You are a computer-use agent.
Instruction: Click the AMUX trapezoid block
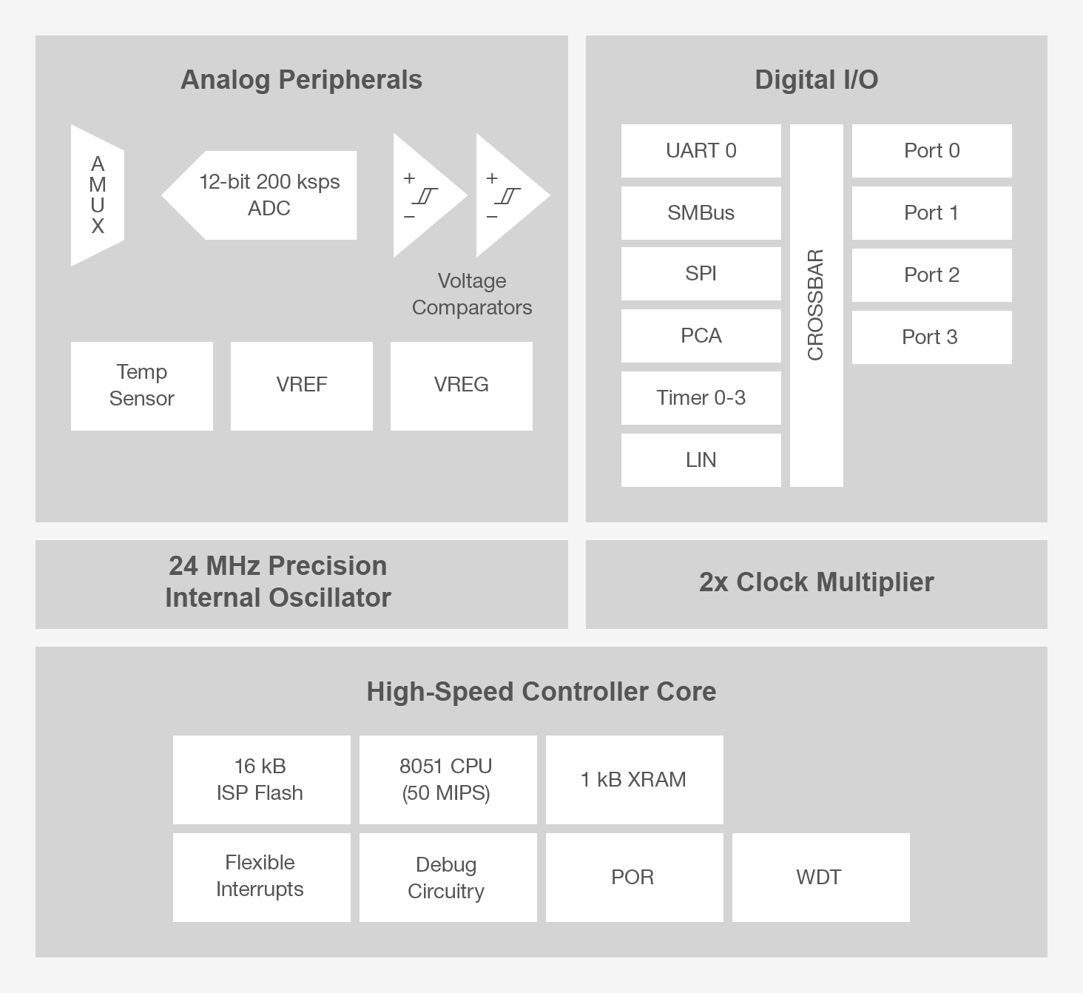tap(98, 195)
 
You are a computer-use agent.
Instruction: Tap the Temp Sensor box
tap(142, 386)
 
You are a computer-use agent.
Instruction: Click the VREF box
tap(302, 386)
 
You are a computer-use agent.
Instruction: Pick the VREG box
tap(462, 386)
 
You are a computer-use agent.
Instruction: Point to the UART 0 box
tap(701, 151)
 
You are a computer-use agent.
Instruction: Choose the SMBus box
tap(701, 213)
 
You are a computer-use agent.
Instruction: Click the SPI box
tap(701, 274)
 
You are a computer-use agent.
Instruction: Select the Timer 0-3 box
tap(701, 398)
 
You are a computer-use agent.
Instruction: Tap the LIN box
tap(701, 460)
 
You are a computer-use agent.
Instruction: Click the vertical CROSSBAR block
tap(816, 305)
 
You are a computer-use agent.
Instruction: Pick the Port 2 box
tap(931, 275)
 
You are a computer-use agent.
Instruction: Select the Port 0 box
tap(931, 151)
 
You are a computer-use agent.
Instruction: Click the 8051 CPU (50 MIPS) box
tap(448, 779)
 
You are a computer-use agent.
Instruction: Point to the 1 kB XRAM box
tap(634, 779)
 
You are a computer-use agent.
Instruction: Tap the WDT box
tap(820, 878)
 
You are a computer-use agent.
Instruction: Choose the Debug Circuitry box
tap(448, 878)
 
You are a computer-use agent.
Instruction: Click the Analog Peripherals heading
tap(301, 80)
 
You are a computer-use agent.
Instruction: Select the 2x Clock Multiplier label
tap(816, 582)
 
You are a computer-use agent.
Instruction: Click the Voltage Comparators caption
tap(472, 294)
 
